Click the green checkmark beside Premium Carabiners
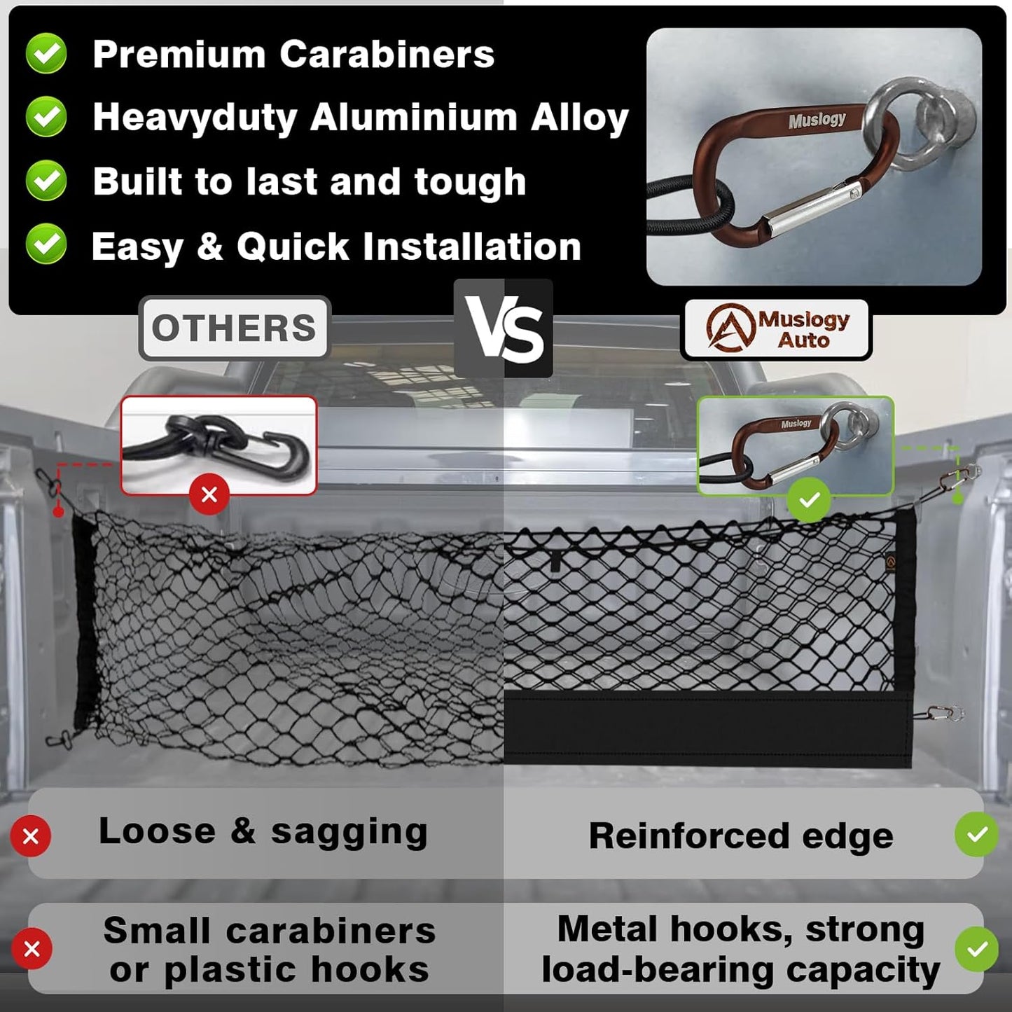46,53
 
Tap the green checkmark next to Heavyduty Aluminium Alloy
46,116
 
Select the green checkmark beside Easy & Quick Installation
46,244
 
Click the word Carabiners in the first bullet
387,54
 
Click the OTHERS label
234,328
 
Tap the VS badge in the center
504,328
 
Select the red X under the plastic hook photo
209,494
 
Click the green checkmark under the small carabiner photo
809,499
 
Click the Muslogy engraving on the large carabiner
817,120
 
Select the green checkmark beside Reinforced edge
977,835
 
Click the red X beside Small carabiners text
32,949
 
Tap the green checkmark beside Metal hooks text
977,948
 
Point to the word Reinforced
689,835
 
